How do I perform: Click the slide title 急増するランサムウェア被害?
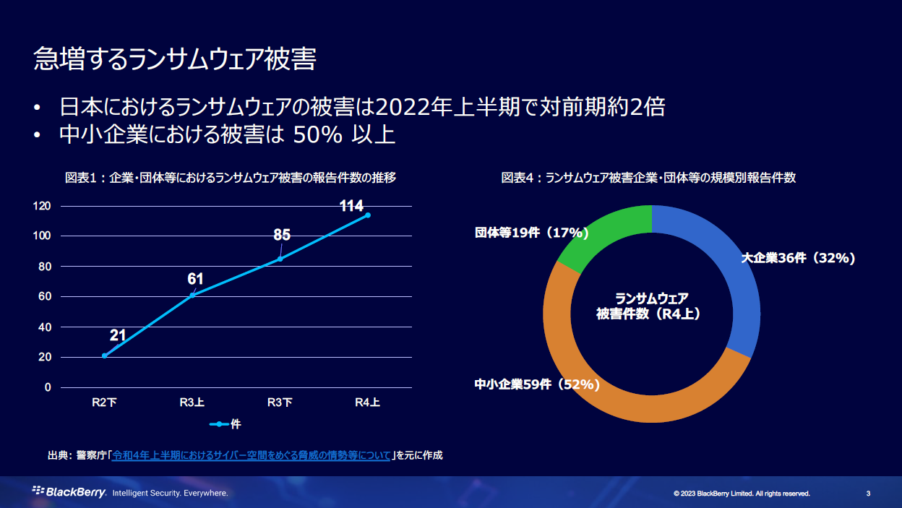tap(175, 60)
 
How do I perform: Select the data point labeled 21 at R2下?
tap(105, 356)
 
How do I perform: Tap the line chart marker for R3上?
tap(192, 295)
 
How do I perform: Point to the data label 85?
tap(282, 235)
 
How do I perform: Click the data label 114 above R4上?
tap(351, 207)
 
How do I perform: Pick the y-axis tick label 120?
tap(42, 206)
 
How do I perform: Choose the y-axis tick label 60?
tap(45, 296)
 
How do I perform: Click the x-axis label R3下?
tap(280, 403)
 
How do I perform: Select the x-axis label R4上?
tap(367, 403)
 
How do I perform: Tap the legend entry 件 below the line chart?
tap(225, 424)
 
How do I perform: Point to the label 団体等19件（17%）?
tap(532, 233)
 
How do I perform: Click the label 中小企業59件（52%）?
tap(537, 384)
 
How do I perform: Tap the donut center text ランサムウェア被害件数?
tap(651, 306)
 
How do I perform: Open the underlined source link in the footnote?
tap(251, 455)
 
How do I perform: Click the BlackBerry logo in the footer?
tap(69, 493)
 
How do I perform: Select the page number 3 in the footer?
tap(868, 494)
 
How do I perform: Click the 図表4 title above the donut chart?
tap(648, 178)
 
